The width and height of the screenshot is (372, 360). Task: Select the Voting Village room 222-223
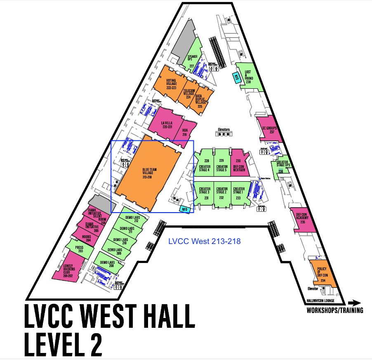click(x=170, y=84)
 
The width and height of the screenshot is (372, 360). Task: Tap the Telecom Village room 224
click(x=188, y=93)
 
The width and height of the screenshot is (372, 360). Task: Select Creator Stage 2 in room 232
click(x=221, y=193)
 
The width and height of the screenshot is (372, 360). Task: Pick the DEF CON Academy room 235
click(x=303, y=218)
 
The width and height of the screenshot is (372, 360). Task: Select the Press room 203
click(x=80, y=249)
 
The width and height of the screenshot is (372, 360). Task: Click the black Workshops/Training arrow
click(x=354, y=302)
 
